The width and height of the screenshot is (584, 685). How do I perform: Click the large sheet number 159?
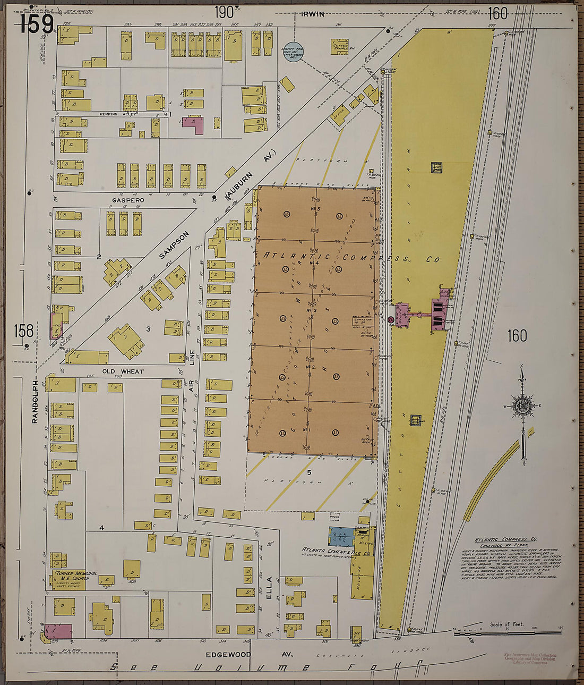37,24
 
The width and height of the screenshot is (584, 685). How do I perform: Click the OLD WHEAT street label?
123,371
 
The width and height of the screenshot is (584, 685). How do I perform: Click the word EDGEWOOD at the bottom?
228,655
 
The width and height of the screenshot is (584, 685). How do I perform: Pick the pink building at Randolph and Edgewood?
58,631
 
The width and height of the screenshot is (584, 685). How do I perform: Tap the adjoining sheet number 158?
24,331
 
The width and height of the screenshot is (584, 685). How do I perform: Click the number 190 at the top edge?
224,12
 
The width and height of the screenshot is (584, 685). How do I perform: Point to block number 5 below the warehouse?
308,471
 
